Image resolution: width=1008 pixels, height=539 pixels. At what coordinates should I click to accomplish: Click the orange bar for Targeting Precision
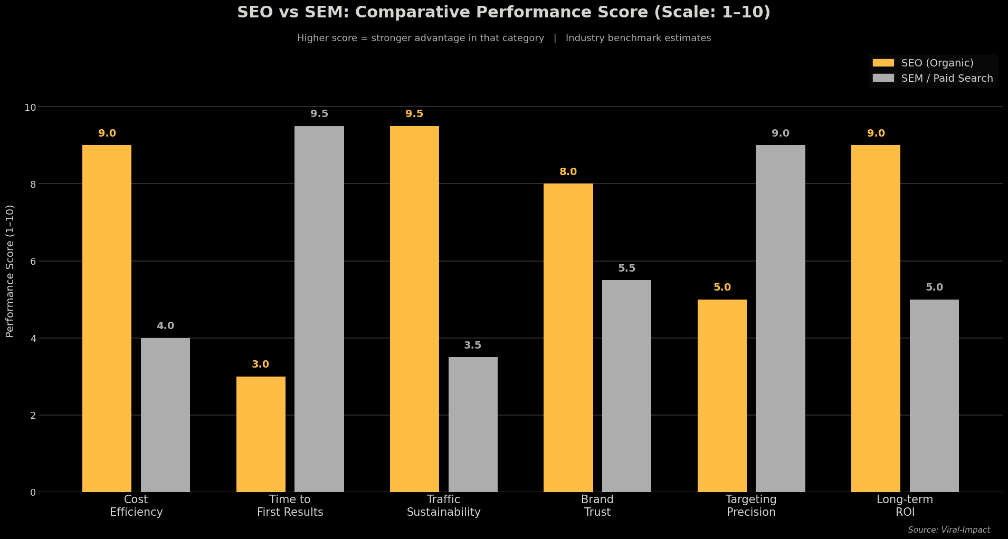(722, 396)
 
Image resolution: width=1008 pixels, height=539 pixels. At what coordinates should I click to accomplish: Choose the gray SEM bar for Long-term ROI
(934, 396)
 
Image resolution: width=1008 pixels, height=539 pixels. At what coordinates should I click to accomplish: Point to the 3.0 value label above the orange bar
(261, 364)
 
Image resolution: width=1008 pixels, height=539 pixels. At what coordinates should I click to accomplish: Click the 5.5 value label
(626, 268)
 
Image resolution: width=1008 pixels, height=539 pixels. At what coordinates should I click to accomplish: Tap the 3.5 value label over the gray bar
(473, 345)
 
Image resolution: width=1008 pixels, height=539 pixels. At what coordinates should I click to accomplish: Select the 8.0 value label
(568, 172)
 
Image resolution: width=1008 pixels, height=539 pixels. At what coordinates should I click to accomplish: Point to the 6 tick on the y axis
(33, 261)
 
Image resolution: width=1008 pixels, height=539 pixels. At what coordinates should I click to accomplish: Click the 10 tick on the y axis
(31, 107)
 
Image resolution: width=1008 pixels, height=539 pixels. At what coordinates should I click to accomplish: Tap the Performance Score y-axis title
(10, 271)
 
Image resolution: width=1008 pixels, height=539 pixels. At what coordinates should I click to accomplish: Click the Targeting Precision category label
(751, 506)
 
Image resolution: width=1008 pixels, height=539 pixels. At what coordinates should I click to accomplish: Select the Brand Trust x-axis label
(597, 506)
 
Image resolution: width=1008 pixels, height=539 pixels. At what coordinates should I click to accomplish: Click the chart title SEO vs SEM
(503, 12)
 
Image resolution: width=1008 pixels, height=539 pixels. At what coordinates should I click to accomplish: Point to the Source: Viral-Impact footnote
(949, 530)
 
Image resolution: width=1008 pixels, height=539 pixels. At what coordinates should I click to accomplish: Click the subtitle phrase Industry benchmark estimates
(638, 38)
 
